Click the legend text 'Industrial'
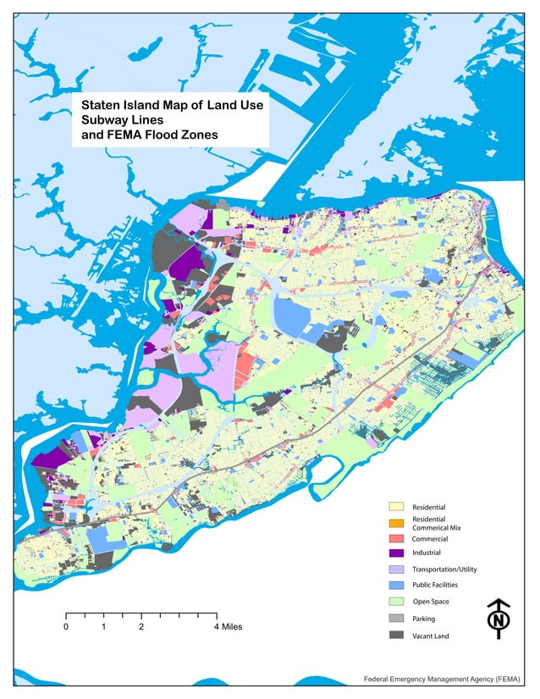427,553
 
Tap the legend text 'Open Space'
430,602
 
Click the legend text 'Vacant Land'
431,635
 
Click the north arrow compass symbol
500,617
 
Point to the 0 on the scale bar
66,627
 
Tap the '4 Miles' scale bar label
227,627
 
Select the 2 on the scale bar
141,627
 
